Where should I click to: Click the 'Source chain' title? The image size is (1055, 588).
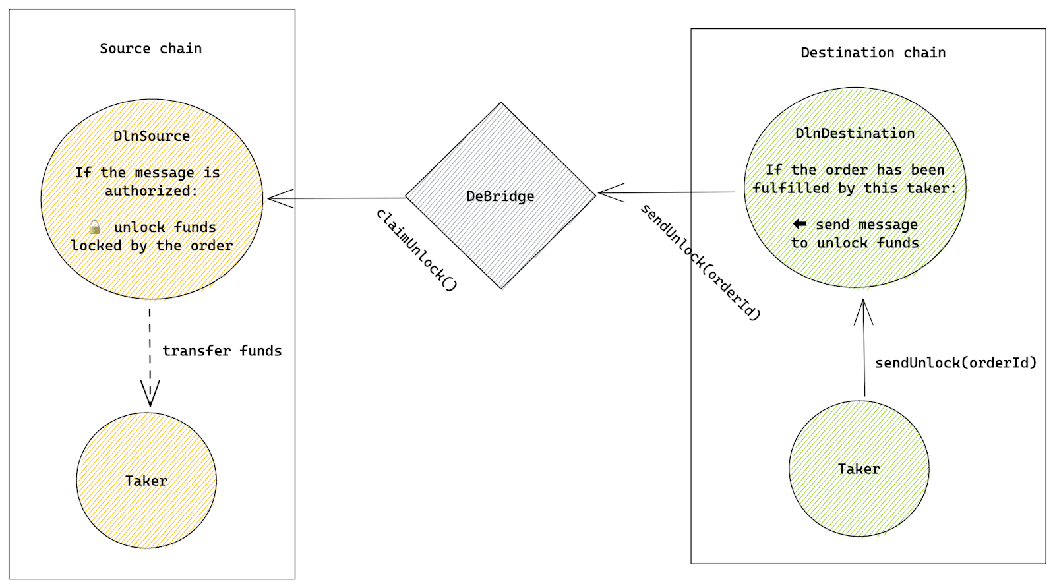click(x=150, y=48)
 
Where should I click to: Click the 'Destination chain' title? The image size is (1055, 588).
click(x=872, y=53)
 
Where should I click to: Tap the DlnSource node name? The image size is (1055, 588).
click(x=152, y=136)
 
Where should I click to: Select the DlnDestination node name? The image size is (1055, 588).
click(x=855, y=133)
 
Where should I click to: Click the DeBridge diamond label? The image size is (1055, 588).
click(x=500, y=196)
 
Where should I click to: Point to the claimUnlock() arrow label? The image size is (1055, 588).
click(x=416, y=250)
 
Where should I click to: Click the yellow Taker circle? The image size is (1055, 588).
click(x=146, y=481)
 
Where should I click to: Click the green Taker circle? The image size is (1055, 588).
click(x=859, y=469)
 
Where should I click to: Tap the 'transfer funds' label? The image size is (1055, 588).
click(x=222, y=351)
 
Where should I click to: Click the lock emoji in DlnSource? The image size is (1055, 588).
click(x=95, y=227)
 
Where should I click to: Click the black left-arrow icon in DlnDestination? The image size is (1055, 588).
click(x=799, y=224)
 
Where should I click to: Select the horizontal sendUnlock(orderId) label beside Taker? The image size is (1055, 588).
click(x=955, y=363)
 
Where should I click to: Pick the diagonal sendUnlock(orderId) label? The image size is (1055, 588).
click(x=701, y=262)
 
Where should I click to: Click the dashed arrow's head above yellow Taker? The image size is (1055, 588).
click(x=150, y=393)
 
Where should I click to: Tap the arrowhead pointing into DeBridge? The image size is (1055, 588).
click(x=609, y=193)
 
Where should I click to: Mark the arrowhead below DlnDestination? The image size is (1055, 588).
click(x=863, y=311)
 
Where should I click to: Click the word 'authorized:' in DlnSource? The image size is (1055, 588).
click(x=151, y=191)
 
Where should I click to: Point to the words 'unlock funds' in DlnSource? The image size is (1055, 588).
click(x=165, y=227)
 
